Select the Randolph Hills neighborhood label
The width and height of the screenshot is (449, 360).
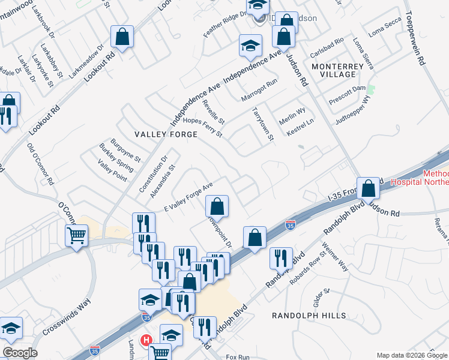309,316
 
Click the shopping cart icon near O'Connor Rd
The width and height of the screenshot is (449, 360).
77,235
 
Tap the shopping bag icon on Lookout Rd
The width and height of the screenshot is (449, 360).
122,38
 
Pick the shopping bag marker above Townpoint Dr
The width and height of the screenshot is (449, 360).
217,206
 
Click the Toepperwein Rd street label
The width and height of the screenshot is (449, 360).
418,37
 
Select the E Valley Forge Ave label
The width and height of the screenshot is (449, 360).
188,198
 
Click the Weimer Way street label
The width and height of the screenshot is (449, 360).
335,257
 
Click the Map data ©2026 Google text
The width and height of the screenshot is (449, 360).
411,355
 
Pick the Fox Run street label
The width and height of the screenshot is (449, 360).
237,357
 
